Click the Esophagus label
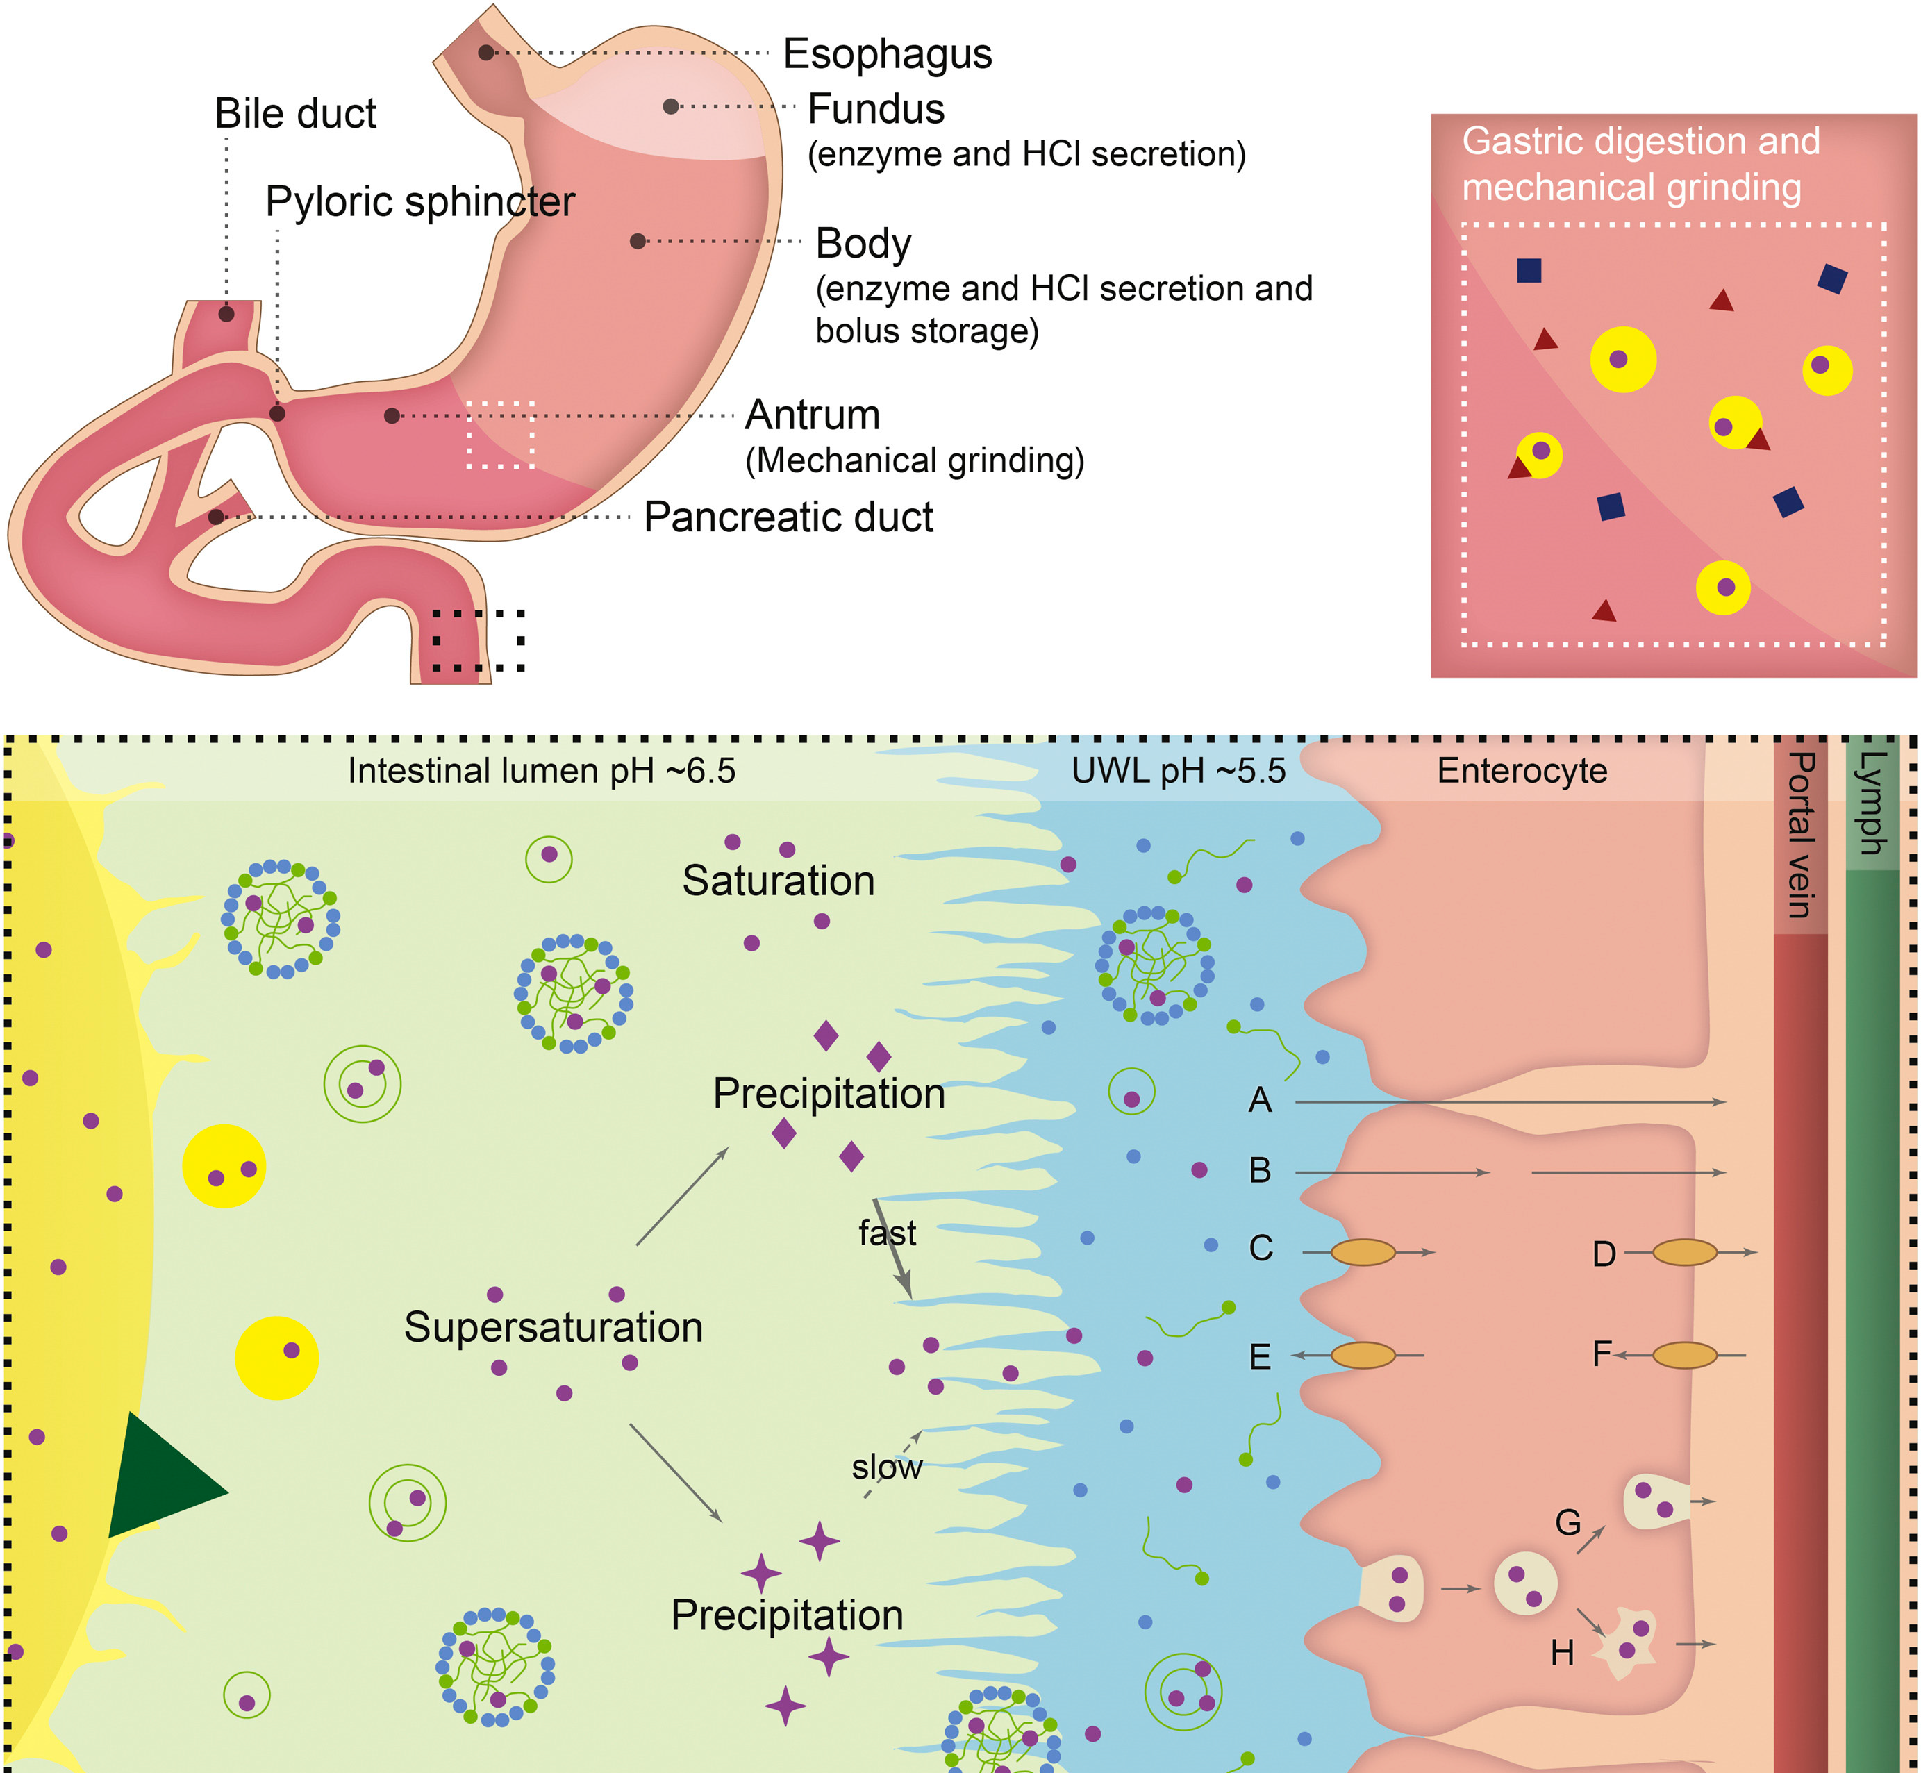[x=887, y=53]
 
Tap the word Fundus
[x=876, y=109]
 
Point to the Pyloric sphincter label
[x=419, y=201]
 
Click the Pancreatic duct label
[x=788, y=517]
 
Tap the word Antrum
[x=812, y=415]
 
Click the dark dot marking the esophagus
[x=486, y=53]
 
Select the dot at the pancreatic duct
[x=217, y=517]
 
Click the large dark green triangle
[x=161, y=1479]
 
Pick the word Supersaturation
[x=553, y=1328]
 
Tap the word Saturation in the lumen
[x=778, y=881]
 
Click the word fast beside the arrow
[x=887, y=1233]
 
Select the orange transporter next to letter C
[x=1363, y=1252]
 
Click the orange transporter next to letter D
[x=1684, y=1252]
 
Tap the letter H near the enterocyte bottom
[x=1562, y=1652]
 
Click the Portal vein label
[x=1801, y=834]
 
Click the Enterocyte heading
[x=1522, y=770]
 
